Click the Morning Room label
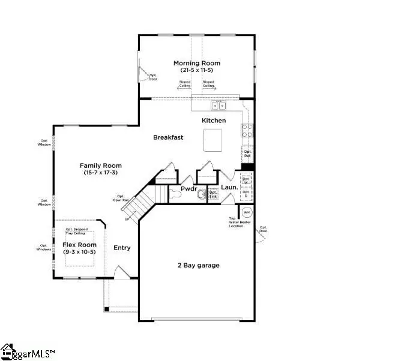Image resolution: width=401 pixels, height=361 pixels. (x=196, y=63)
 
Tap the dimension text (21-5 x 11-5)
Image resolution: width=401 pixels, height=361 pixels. (x=196, y=70)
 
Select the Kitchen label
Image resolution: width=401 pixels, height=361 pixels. (x=214, y=121)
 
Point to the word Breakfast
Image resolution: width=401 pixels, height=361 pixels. (x=168, y=137)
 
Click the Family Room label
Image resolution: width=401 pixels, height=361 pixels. (x=101, y=166)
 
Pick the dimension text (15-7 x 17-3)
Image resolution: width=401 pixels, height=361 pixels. (x=101, y=173)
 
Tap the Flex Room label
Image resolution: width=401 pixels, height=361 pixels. (x=79, y=245)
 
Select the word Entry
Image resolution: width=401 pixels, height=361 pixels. (x=122, y=248)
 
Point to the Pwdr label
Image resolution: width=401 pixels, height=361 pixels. (x=189, y=189)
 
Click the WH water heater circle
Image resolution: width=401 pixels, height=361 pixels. (x=247, y=212)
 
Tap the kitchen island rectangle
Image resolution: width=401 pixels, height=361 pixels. (x=213, y=142)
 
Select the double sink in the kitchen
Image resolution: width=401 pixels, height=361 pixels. (x=219, y=106)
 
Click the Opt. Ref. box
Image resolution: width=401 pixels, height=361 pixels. (x=247, y=155)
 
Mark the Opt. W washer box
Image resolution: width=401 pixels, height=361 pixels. (x=246, y=179)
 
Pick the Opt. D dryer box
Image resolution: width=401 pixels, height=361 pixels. (x=246, y=194)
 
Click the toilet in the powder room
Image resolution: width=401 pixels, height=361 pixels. (x=202, y=194)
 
